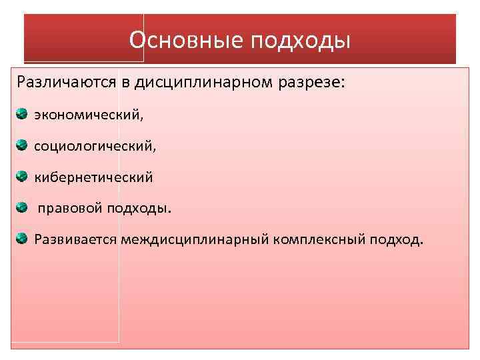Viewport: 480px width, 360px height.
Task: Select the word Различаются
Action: pos(66,83)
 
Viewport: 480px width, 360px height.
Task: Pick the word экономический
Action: pos(89,115)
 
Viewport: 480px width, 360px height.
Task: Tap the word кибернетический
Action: pos(94,177)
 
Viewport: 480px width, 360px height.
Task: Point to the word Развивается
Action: pos(77,239)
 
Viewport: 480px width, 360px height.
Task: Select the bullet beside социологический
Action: pos(22,145)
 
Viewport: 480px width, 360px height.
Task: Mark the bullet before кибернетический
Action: pos(22,176)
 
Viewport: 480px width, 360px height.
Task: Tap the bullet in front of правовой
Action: pos(22,207)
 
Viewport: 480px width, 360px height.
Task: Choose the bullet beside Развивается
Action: pos(22,237)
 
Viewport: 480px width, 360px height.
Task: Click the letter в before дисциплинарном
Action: pos(125,83)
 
